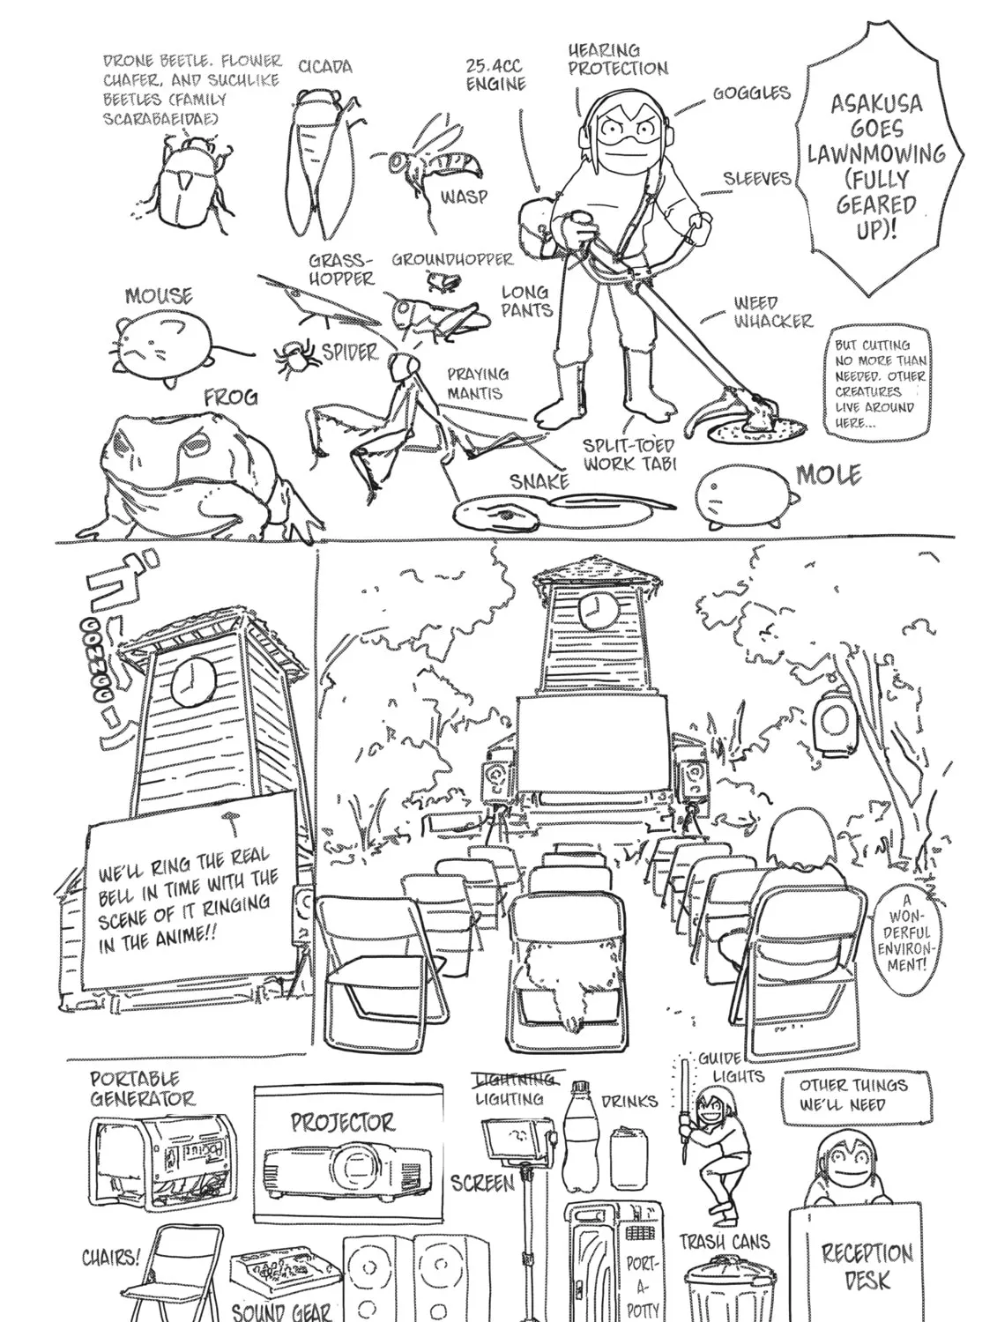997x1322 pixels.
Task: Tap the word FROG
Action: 231,397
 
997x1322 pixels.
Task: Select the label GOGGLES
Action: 751,93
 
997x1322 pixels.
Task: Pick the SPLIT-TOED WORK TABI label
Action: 629,454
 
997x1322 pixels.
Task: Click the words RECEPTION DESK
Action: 867,1266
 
